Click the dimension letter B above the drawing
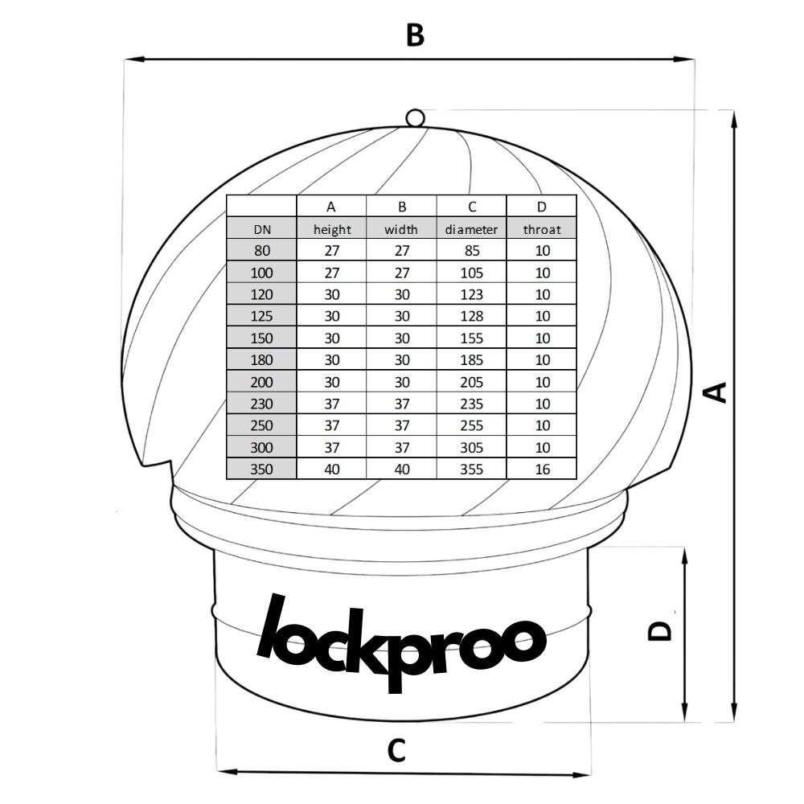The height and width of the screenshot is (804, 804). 414,35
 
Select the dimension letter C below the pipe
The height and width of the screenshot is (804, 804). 396,751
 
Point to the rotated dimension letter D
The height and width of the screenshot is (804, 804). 659,630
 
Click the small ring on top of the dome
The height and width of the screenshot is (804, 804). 415,118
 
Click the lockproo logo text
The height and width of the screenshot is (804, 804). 402,641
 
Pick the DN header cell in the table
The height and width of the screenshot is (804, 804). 261,229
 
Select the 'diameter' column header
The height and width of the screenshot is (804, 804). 471,229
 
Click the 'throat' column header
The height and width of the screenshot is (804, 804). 542,229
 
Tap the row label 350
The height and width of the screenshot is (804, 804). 261,469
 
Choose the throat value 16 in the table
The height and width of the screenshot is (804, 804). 542,469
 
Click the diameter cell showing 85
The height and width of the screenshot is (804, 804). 471,251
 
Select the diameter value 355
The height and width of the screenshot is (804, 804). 471,469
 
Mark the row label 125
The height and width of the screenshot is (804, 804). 261,316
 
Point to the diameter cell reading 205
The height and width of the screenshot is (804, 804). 471,382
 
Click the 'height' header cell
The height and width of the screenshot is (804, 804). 332,229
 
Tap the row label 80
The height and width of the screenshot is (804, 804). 261,251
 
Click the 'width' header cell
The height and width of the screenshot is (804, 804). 401,229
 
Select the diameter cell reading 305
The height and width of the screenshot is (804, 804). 471,447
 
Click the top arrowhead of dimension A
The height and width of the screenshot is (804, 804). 734,119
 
